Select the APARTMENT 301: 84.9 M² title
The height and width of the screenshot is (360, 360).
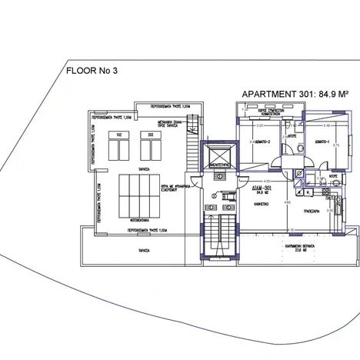click(290, 93)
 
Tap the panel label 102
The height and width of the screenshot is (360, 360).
click(121, 135)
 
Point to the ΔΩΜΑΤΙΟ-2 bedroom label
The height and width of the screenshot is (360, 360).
click(264, 143)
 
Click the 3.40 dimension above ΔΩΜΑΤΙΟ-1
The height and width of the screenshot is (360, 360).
click(326, 124)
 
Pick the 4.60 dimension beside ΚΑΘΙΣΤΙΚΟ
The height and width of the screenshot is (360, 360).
click(287, 202)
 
